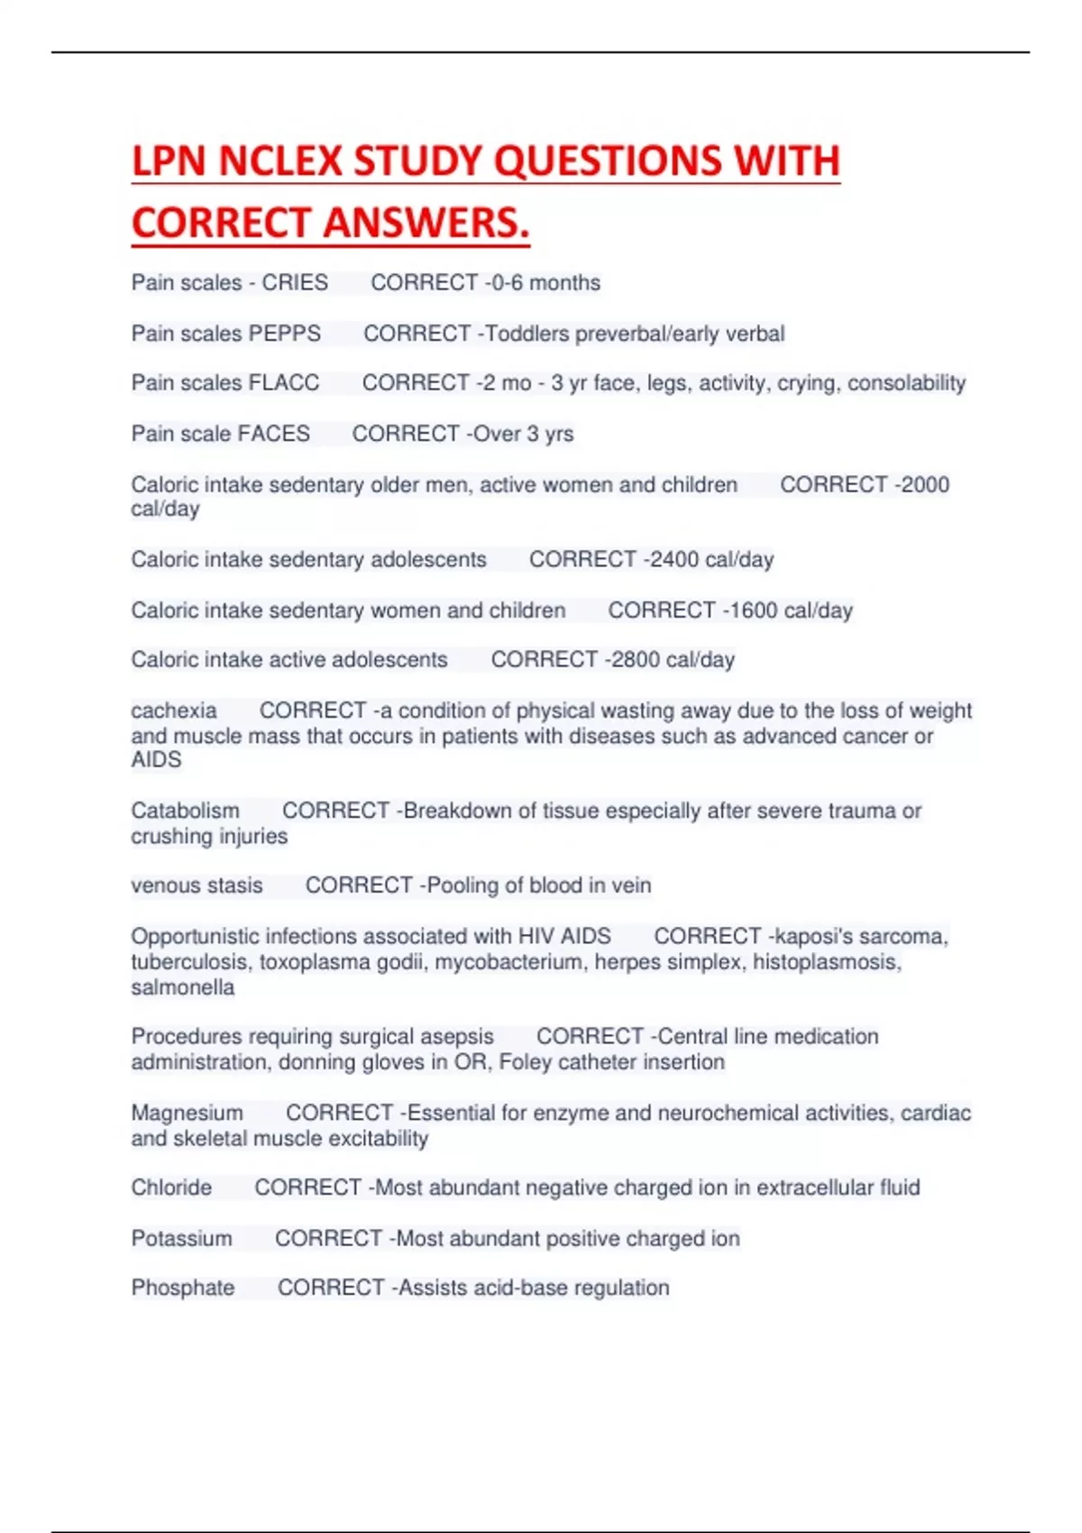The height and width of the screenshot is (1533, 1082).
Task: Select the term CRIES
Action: tap(295, 283)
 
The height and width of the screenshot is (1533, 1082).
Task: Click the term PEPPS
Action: tap(284, 334)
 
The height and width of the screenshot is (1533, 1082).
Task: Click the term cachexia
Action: tap(174, 711)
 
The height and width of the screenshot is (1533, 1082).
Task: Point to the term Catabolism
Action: tap(185, 811)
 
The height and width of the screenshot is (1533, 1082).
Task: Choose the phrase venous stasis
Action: tap(197, 886)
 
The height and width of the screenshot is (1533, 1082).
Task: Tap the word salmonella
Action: tap(183, 987)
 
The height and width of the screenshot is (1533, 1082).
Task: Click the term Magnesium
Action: tap(187, 1113)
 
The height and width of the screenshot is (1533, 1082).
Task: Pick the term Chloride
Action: tap(171, 1188)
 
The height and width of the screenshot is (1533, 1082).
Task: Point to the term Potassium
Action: tap(181, 1239)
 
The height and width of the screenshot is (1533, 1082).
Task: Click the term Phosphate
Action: tap(183, 1288)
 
